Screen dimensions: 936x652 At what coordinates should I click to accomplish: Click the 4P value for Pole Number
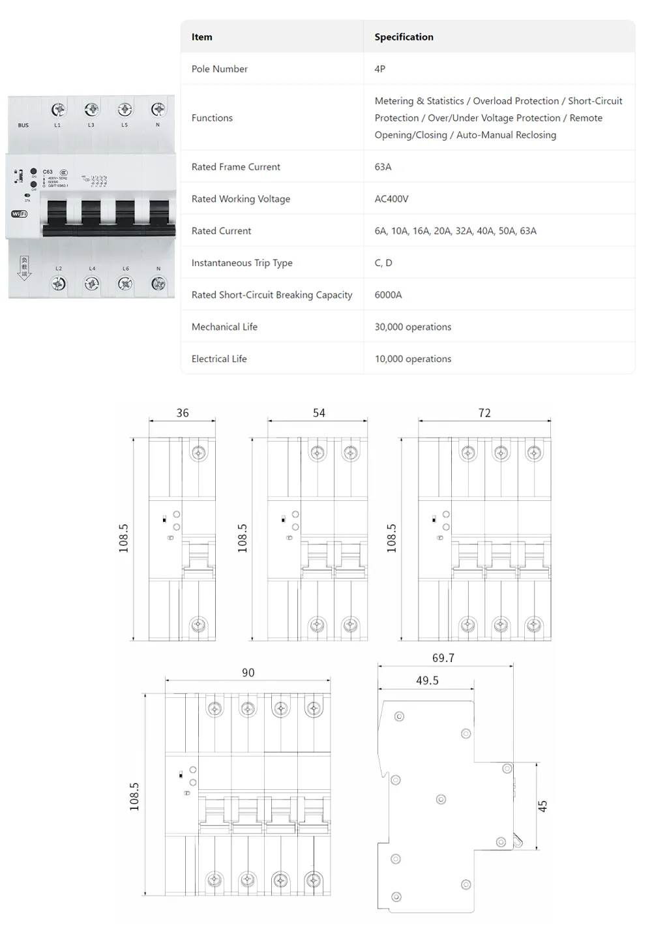379,68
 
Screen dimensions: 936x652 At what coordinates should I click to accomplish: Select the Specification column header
404,37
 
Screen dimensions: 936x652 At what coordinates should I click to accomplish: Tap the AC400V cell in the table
391,198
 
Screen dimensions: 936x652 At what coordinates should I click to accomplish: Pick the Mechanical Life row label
224,326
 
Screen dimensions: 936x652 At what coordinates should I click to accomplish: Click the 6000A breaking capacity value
388,294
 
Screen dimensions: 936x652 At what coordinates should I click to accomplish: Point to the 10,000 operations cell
413,358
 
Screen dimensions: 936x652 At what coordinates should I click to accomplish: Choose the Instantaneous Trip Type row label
242,262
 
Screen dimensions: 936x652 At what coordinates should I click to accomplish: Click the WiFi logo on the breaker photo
20,214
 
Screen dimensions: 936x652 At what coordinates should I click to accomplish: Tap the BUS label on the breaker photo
23,125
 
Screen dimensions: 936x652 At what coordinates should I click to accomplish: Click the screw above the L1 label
58,109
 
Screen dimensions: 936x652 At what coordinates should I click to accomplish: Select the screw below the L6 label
125,284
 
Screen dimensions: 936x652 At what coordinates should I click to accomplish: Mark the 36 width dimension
183,413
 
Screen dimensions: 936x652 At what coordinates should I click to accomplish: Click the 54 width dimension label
319,413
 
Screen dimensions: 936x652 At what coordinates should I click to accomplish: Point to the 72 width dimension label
484,413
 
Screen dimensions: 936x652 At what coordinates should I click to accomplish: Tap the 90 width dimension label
248,672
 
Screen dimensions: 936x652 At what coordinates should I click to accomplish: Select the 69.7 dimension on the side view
443,658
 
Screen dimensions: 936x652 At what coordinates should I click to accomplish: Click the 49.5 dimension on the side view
427,680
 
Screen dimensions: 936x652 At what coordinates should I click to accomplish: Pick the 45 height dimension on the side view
542,806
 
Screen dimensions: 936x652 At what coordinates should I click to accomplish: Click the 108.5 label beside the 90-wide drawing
134,796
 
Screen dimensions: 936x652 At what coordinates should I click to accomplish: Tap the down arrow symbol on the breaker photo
24,268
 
